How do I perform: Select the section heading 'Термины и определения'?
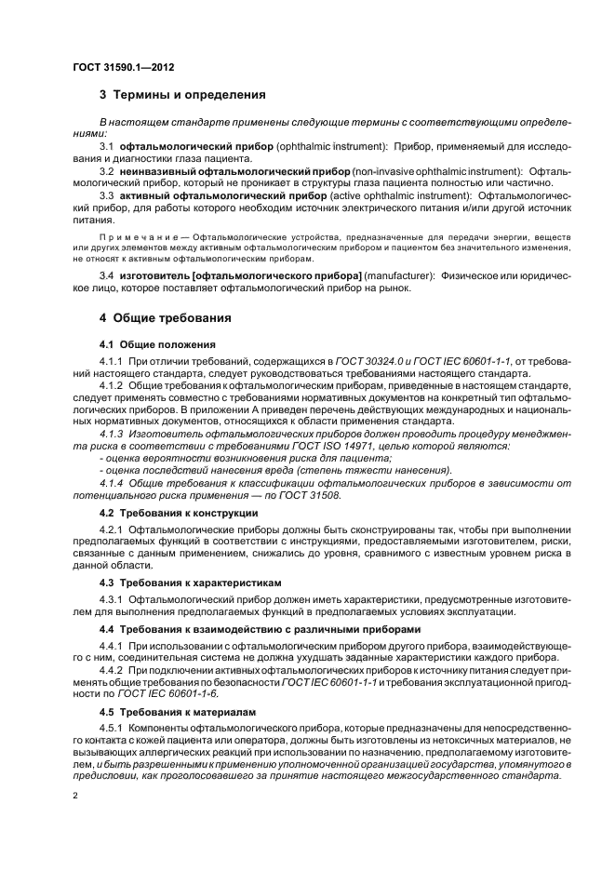189,95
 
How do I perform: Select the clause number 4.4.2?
111,671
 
